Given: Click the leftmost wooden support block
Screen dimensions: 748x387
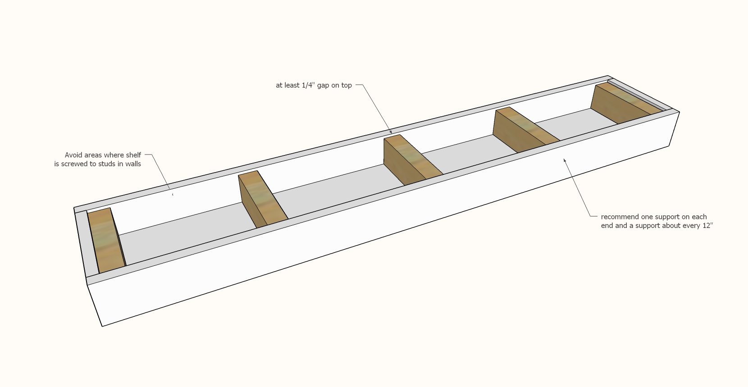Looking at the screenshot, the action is pyautogui.click(x=106, y=241).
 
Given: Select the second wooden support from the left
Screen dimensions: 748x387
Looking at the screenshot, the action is pyautogui.click(x=262, y=199).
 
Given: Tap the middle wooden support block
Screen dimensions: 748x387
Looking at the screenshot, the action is pyautogui.click(x=411, y=159).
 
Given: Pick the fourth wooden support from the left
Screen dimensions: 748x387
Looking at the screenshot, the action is pyautogui.click(x=524, y=130).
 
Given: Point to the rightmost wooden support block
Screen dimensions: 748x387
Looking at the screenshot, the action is pyautogui.click(x=625, y=103).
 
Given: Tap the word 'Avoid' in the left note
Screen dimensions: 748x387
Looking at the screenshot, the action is pyautogui.click(x=73, y=155).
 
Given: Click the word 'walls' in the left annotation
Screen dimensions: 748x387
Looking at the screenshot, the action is pyautogui.click(x=132, y=164).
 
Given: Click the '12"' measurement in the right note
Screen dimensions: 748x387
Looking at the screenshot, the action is pyautogui.click(x=707, y=225).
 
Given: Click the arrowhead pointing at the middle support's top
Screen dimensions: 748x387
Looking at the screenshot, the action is pyautogui.click(x=391, y=132).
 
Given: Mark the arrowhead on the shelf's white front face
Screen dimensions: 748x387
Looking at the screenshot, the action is pyautogui.click(x=565, y=160).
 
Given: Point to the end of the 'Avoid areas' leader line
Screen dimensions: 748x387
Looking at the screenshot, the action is pyautogui.click(x=173, y=194).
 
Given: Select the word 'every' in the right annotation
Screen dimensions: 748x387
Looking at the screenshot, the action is pyautogui.click(x=692, y=226).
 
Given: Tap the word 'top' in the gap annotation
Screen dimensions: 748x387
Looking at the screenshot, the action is pyautogui.click(x=346, y=86).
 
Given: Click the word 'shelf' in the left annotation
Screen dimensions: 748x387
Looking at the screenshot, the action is pyautogui.click(x=133, y=155).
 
